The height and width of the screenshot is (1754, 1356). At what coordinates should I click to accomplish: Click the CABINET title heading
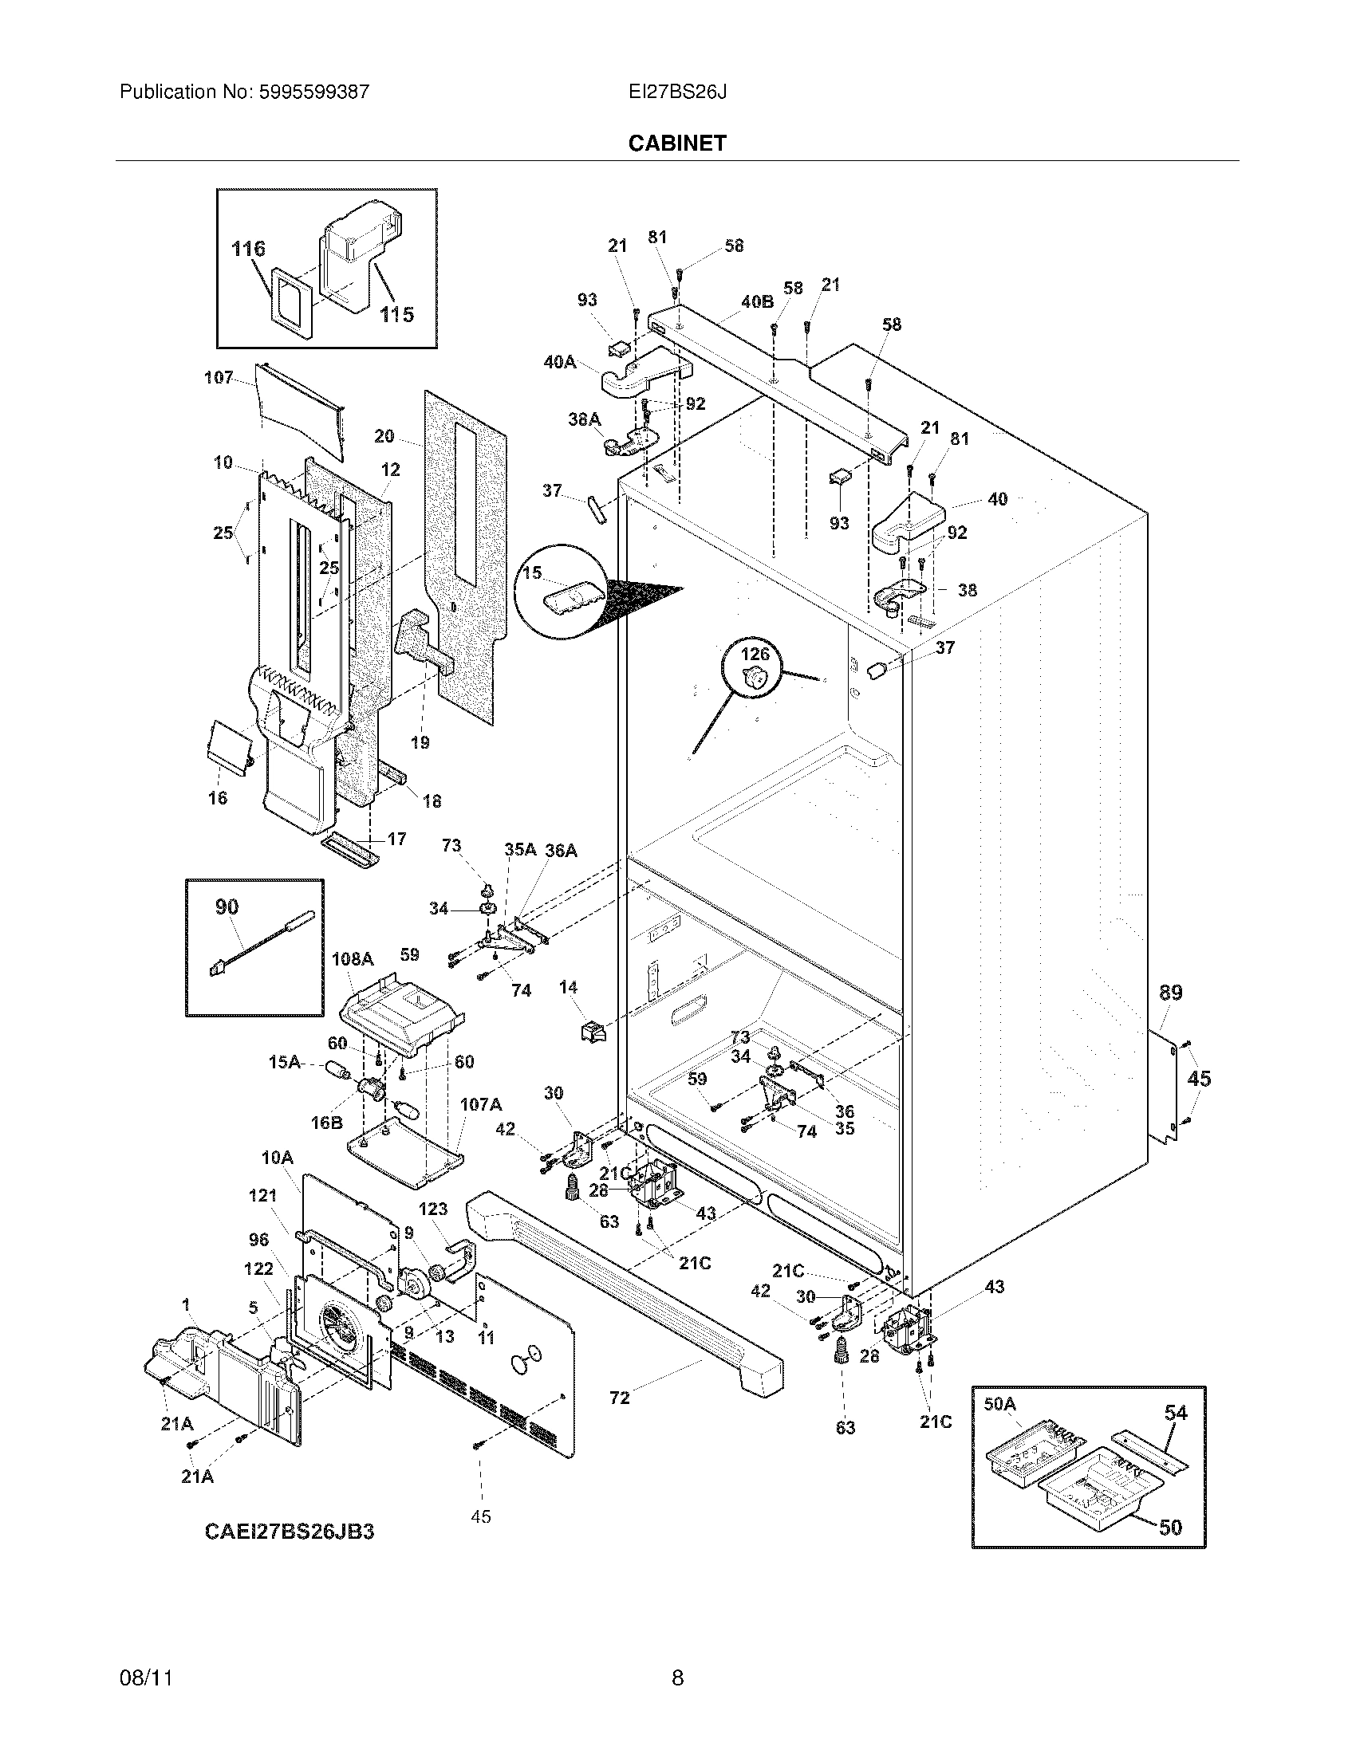(676, 143)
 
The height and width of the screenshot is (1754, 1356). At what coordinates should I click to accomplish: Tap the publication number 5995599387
(313, 92)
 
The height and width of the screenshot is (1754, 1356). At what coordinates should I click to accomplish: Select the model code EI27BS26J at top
(677, 92)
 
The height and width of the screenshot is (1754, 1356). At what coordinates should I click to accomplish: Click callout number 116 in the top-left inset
(248, 249)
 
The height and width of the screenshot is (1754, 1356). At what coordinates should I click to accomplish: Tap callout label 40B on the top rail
(757, 302)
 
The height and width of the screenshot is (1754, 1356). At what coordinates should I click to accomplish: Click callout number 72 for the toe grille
(619, 1398)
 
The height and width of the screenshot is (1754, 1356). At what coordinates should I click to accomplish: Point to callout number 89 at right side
(1170, 993)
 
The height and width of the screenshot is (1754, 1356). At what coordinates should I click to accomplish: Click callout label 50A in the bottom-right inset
(999, 1404)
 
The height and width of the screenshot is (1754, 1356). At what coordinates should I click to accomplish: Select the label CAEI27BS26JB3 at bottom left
(290, 1531)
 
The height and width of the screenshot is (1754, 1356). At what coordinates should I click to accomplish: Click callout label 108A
(353, 959)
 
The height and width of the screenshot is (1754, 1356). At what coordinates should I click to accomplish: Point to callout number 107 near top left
(219, 377)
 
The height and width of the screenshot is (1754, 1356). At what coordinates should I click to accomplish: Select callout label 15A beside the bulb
(284, 1063)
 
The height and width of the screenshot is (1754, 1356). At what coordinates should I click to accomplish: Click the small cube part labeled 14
(593, 1031)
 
